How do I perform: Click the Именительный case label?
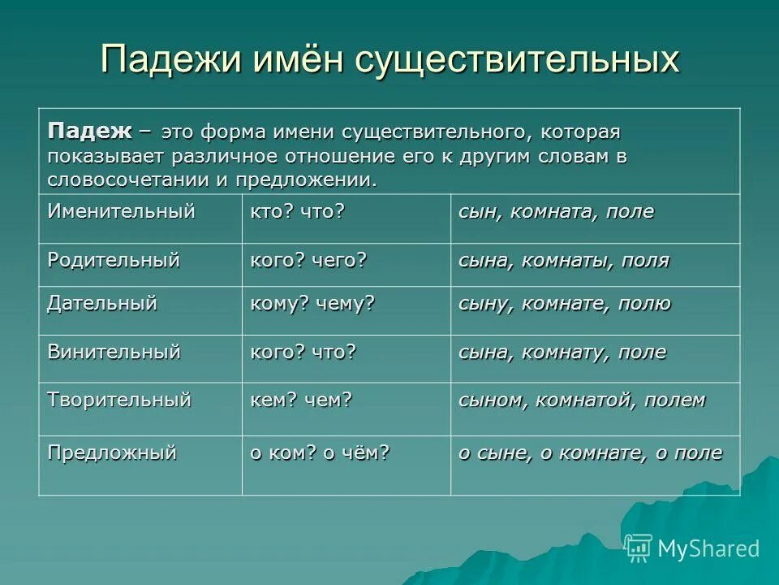[x=121, y=212]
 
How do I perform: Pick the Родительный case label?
[x=113, y=260]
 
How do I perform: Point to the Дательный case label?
[x=101, y=304]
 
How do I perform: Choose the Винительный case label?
[x=113, y=352]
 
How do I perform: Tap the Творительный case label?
[x=118, y=400]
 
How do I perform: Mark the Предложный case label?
[x=111, y=453]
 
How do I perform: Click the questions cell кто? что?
[x=297, y=212]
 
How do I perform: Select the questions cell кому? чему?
[x=312, y=304]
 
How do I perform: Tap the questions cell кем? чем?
[x=300, y=400]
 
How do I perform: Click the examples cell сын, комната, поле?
[x=556, y=212]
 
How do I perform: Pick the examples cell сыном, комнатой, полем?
[x=582, y=400]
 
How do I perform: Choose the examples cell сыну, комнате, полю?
[x=565, y=304]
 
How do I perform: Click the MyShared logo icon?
[x=639, y=548]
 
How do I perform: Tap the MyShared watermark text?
[x=708, y=548]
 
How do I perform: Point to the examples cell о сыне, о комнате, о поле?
[x=590, y=453]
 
